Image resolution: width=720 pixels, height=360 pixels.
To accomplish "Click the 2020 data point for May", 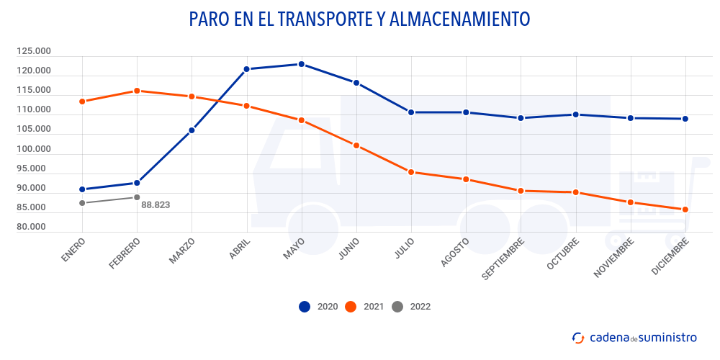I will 301,64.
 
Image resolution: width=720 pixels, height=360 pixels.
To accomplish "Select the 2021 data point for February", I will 137,91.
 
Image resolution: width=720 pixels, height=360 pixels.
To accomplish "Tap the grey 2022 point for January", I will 82,203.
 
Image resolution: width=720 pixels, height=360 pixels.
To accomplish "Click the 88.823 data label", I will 156,204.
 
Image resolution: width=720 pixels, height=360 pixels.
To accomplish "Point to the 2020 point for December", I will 685,119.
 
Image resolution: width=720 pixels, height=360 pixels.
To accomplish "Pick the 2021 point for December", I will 685,210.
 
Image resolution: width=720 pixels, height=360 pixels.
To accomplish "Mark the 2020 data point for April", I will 246,69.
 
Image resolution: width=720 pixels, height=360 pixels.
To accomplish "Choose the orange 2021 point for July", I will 411,172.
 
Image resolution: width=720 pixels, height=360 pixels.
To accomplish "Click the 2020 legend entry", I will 318,307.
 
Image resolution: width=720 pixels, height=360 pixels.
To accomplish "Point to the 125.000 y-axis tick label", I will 34,52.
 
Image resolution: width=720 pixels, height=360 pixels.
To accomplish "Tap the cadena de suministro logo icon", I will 577,337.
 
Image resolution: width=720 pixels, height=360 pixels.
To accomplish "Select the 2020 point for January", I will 82,189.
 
